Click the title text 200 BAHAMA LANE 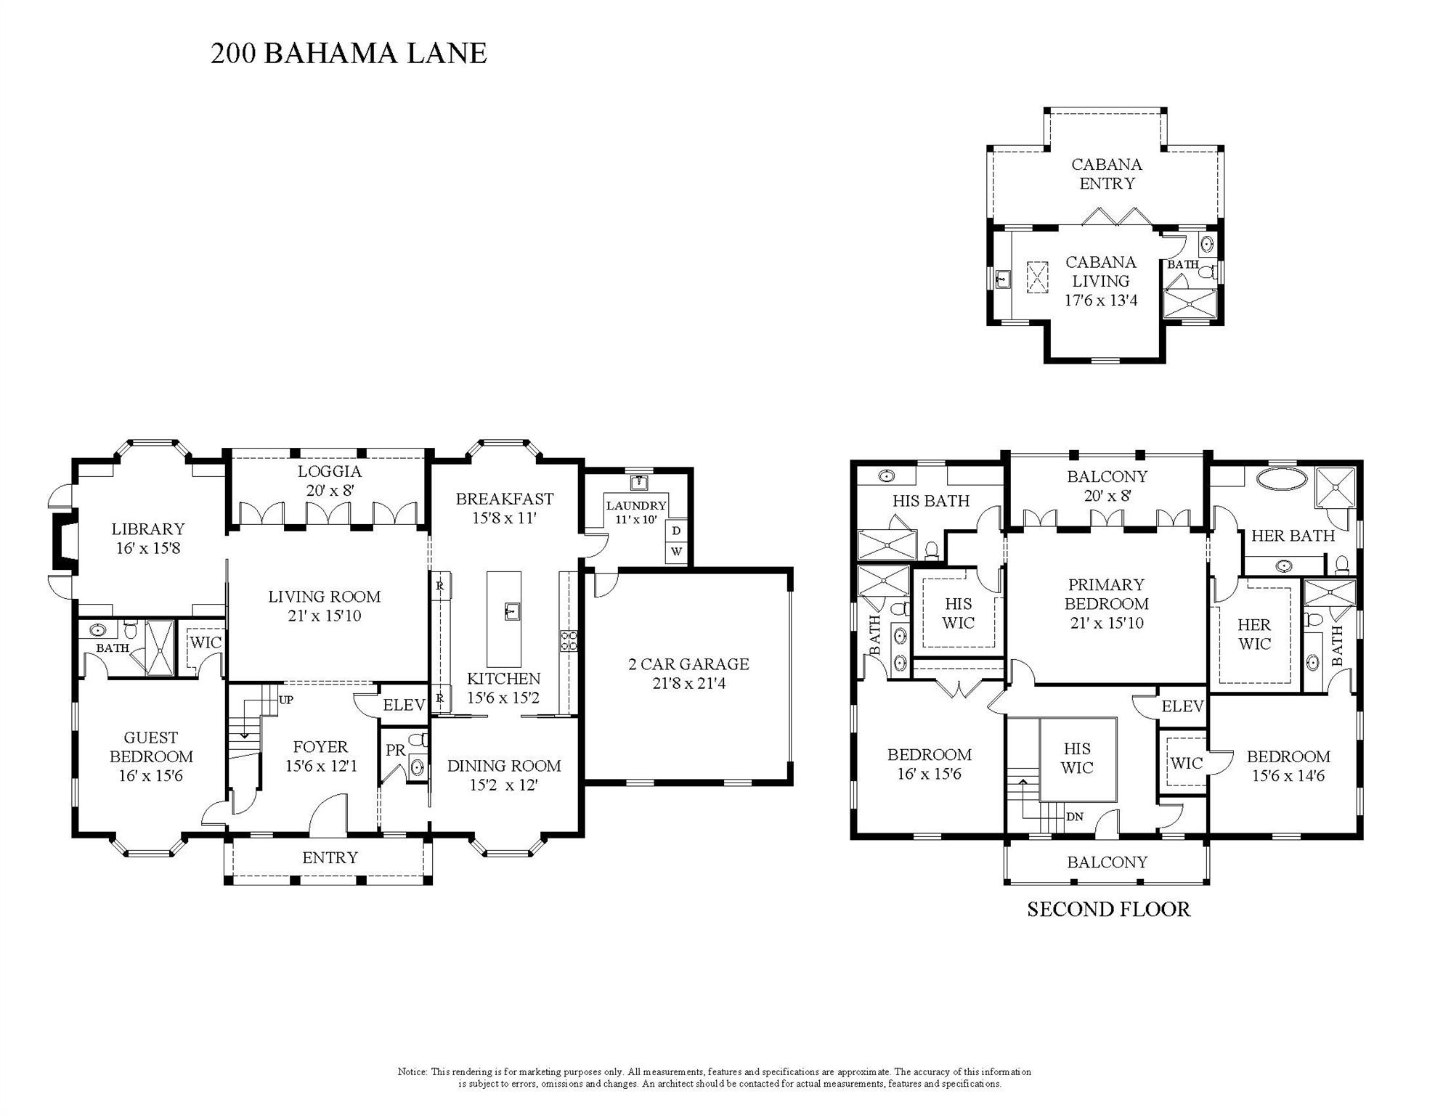[x=349, y=54]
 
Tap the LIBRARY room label [x=148, y=529]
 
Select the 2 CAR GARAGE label [x=688, y=664]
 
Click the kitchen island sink [x=512, y=611]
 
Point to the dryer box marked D [x=676, y=531]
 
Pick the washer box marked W [x=676, y=552]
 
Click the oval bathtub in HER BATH [x=1282, y=478]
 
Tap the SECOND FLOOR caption [x=1108, y=910]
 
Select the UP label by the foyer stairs [x=286, y=701]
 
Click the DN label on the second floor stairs [x=1075, y=817]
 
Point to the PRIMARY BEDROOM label [x=1107, y=595]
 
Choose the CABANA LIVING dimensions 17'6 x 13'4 [x=1101, y=301]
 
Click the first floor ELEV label [x=404, y=705]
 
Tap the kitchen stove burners [x=568, y=640]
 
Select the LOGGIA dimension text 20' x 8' [x=330, y=491]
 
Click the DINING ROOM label [x=504, y=767]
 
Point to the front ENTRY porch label [x=330, y=858]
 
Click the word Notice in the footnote [x=412, y=1072]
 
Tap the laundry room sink [x=639, y=483]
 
